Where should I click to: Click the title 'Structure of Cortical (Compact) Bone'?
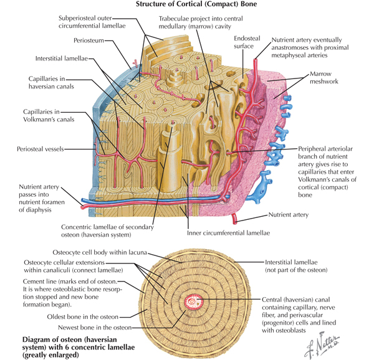click(x=196, y=4)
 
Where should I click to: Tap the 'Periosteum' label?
click(x=89, y=40)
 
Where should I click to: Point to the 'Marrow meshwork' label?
click(x=324, y=78)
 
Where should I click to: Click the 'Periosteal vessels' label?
click(x=41, y=149)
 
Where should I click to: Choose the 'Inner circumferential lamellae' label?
click(x=228, y=233)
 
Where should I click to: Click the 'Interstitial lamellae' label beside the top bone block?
click(x=62, y=59)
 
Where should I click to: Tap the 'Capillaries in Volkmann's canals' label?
click(x=49, y=116)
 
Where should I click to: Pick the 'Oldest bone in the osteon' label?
click(x=82, y=317)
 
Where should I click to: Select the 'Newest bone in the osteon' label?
click(x=95, y=328)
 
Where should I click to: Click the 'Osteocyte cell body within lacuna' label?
click(x=100, y=252)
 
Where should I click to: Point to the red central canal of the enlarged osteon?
click(x=193, y=302)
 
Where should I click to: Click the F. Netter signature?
click(x=322, y=346)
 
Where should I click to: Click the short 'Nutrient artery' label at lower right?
click(x=289, y=215)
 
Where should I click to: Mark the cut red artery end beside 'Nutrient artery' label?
click(x=234, y=220)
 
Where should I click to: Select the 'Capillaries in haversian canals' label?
click(x=51, y=82)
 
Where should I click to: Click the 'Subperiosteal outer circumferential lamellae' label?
click(x=92, y=22)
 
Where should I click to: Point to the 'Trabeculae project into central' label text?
click(x=201, y=19)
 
